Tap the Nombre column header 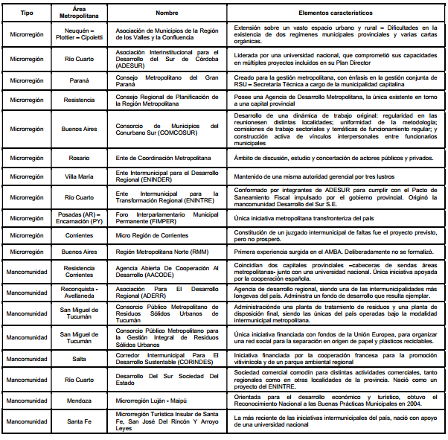pyautogui.click(x=167, y=13)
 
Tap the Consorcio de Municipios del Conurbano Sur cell pyautogui.click(x=167, y=130)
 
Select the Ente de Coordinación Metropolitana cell pyautogui.click(x=167, y=159)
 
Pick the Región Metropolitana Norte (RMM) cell pyautogui.click(x=167, y=252)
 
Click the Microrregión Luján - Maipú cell pyautogui.click(x=167, y=400)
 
